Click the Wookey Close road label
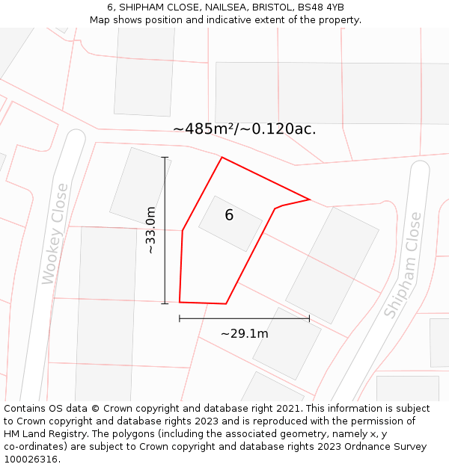(x=55, y=234)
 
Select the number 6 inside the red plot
(x=229, y=215)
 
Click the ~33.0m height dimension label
(x=150, y=230)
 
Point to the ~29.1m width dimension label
(x=244, y=333)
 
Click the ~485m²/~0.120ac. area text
(x=244, y=129)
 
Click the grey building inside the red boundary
(x=230, y=223)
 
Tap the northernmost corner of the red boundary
(x=222, y=157)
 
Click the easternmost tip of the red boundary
(x=310, y=199)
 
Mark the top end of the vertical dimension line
(x=165, y=157)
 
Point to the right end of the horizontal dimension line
(x=309, y=318)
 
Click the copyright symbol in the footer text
(x=95, y=409)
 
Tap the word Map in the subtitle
(x=100, y=19)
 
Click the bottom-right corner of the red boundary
(x=226, y=303)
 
